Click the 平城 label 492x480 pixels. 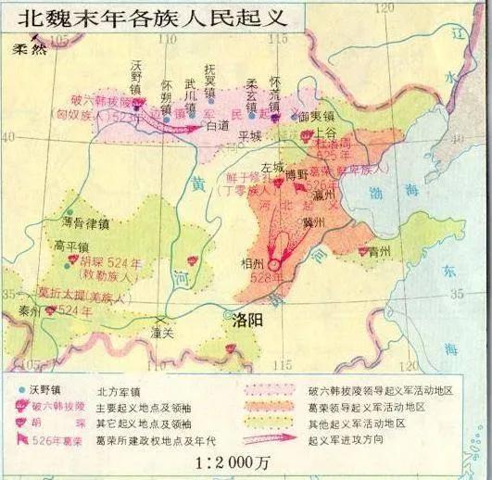pos(250,134)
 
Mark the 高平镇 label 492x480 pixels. pos(71,246)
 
